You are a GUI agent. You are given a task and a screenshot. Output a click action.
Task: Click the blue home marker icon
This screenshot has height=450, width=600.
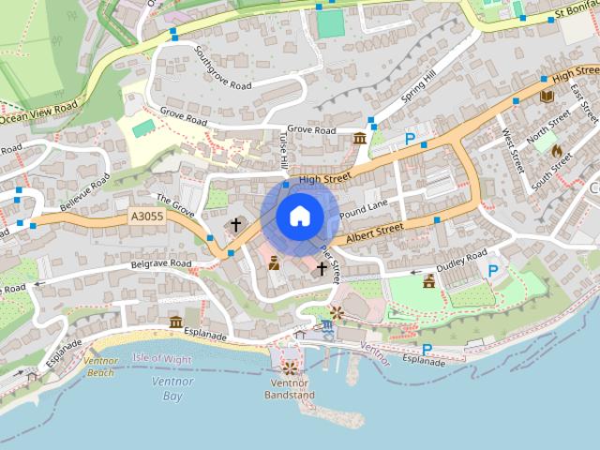coord(299,216)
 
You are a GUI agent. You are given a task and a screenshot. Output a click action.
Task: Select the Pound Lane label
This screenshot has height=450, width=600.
coord(364,209)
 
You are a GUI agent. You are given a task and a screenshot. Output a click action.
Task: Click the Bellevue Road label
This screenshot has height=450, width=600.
coord(85,192)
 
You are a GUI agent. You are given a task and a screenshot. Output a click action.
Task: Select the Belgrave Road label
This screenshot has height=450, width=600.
coord(160,264)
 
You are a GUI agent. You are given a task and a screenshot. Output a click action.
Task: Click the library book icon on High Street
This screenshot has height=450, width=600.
coord(547,96)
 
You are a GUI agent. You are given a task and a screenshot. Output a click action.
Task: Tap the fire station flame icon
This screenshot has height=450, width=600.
coord(556,149)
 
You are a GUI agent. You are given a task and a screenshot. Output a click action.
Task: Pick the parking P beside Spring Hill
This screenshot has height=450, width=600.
coord(409,139)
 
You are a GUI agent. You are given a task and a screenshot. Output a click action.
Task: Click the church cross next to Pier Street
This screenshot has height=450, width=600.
coord(322,268)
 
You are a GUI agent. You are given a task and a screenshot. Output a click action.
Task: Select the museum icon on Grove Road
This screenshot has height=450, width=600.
coord(359,140)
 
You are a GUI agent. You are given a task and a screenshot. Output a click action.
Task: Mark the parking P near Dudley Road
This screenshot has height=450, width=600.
coord(493,270)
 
